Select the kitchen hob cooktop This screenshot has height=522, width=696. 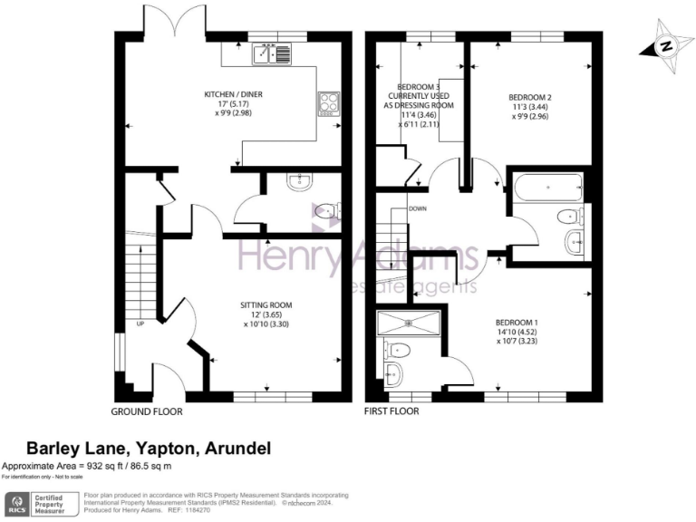click(x=326, y=104)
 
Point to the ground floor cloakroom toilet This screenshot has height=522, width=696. click(x=324, y=211)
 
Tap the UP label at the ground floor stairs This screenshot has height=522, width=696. click(x=140, y=324)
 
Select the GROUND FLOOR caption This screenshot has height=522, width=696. click(x=146, y=411)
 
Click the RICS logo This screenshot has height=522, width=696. click(x=16, y=503)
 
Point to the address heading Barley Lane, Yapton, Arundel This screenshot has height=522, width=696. click(x=148, y=448)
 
